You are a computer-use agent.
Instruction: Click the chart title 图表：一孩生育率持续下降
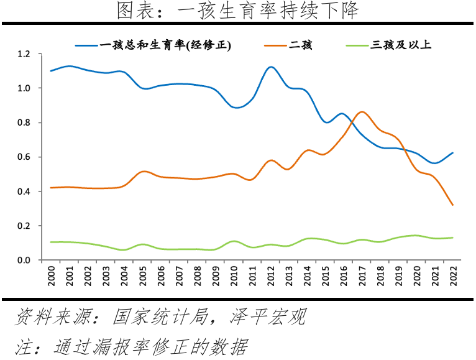(x=238, y=11)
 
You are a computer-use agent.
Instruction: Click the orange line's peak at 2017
(x=362, y=112)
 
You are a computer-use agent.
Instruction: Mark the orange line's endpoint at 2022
(x=453, y=205)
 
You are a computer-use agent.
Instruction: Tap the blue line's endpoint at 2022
(x=453, y=152)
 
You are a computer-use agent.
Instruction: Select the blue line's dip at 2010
(x=236, y=108)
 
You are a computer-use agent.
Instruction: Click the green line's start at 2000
(x=50, y=242)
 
